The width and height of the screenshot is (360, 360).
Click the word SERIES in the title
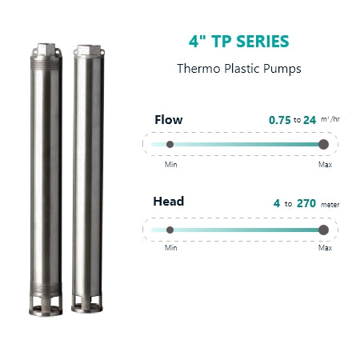pos(262,42)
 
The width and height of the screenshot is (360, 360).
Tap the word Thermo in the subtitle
pos(198,69)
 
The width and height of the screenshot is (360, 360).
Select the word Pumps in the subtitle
pos(282,69)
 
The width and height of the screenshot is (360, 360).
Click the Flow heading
pos(169,120)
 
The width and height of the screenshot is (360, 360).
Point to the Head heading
pos(169,202)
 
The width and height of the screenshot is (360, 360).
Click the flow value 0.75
pos(280,120)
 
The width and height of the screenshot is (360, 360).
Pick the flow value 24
pos(310,120)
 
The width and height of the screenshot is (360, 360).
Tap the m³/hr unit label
pos(330,119)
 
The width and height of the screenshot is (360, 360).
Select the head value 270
pos(306,203)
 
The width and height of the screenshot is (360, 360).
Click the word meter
pos(330,205)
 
